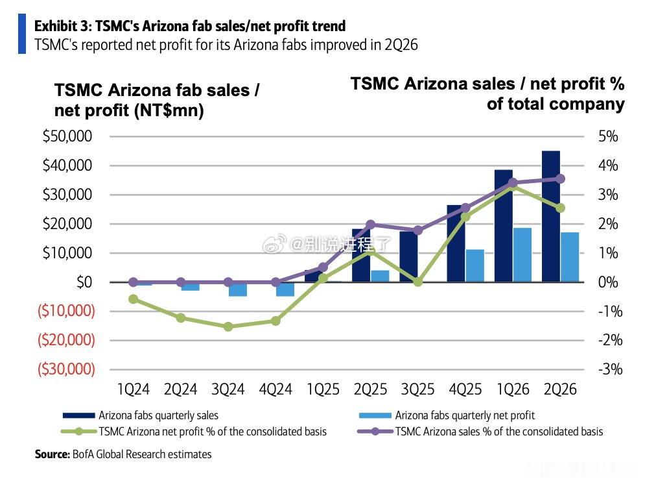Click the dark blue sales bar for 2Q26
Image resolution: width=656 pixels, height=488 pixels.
click(550, 216)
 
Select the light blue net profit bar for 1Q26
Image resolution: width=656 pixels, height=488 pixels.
click(522, 254)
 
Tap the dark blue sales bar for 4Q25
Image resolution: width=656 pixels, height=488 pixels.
click(456, 243)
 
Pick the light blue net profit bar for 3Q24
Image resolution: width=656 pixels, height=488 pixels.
click(238, 289)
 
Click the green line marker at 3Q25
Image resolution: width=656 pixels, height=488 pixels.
click(417, 282)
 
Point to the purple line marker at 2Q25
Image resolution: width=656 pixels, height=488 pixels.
click(370, 225)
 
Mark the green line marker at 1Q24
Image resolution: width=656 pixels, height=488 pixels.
click(133, 299)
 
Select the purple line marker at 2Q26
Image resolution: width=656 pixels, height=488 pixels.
click(560, 179)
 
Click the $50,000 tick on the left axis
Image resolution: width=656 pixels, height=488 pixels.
click(67, 136)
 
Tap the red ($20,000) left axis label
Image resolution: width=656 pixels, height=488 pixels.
click(66, 339)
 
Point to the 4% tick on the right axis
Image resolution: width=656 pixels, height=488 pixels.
click(608, 165)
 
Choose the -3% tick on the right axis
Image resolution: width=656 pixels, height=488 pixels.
click(611, 369)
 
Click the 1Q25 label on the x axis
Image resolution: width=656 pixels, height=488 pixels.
click(323, 389)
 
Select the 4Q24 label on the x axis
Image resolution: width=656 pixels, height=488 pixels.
click(275, 389)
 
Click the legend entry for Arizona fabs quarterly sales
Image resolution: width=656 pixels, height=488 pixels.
click(141, 415)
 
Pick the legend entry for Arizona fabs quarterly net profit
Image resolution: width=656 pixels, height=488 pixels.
click(447, 415)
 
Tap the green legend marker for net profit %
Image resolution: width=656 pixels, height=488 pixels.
click(79, 432)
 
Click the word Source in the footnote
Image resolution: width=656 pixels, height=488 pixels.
click(52, 454)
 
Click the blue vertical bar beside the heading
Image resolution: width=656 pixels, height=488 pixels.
click(22, 34)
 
